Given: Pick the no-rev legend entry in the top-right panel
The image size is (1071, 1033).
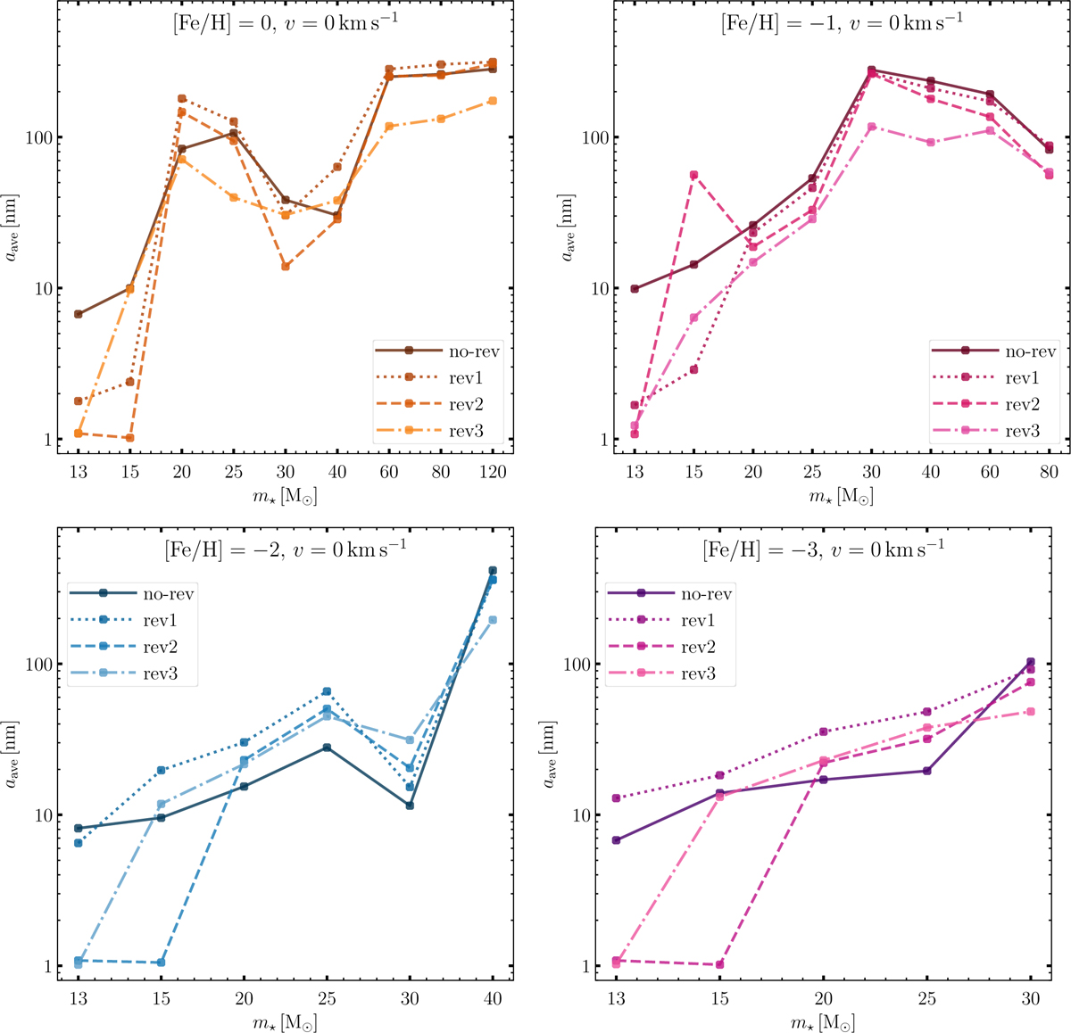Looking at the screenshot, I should (1031, 351).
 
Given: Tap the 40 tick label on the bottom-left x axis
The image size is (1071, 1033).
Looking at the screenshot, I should (492, 999).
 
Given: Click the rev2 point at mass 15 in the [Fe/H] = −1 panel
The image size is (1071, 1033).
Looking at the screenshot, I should (693, 175).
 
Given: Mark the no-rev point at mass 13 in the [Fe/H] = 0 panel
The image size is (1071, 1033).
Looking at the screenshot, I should (79, 314).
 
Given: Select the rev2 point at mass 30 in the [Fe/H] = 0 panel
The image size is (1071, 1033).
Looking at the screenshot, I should (286, 267).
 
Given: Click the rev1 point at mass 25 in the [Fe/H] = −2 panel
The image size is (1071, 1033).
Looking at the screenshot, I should (327, 691).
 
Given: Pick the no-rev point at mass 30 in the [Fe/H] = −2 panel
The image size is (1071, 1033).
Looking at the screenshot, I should (410, 806).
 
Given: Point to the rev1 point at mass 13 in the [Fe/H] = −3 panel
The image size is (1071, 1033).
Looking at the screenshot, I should (616, 798).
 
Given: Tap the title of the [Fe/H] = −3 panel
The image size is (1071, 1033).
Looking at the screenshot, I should (823, 547).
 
